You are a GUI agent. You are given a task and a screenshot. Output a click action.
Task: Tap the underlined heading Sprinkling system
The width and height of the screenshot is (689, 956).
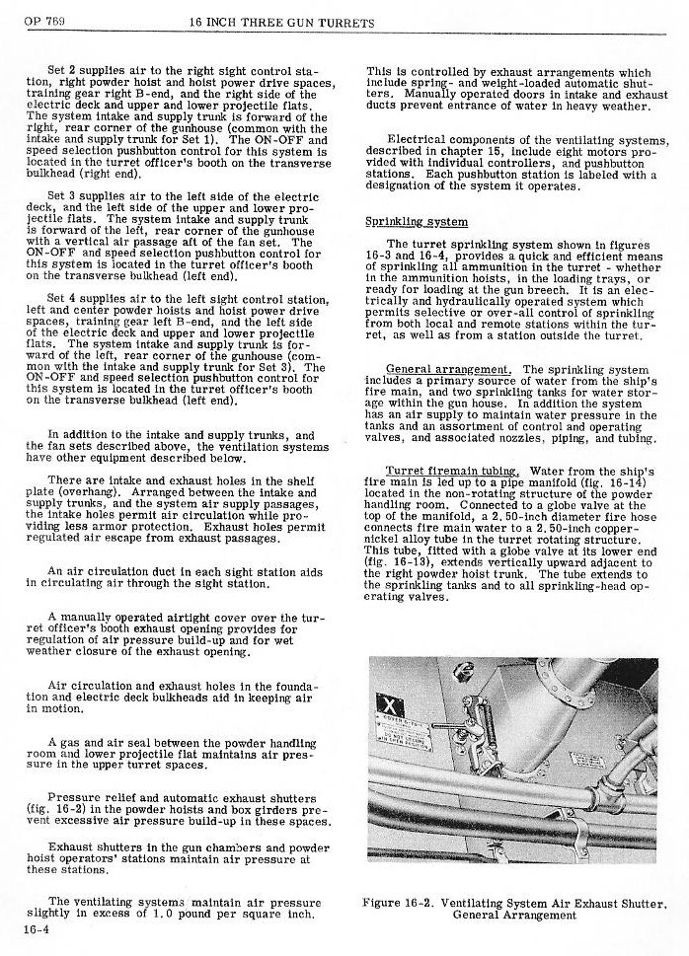(404, 221)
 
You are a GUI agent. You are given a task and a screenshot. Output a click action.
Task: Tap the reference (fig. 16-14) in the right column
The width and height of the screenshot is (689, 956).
(614, 481)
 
